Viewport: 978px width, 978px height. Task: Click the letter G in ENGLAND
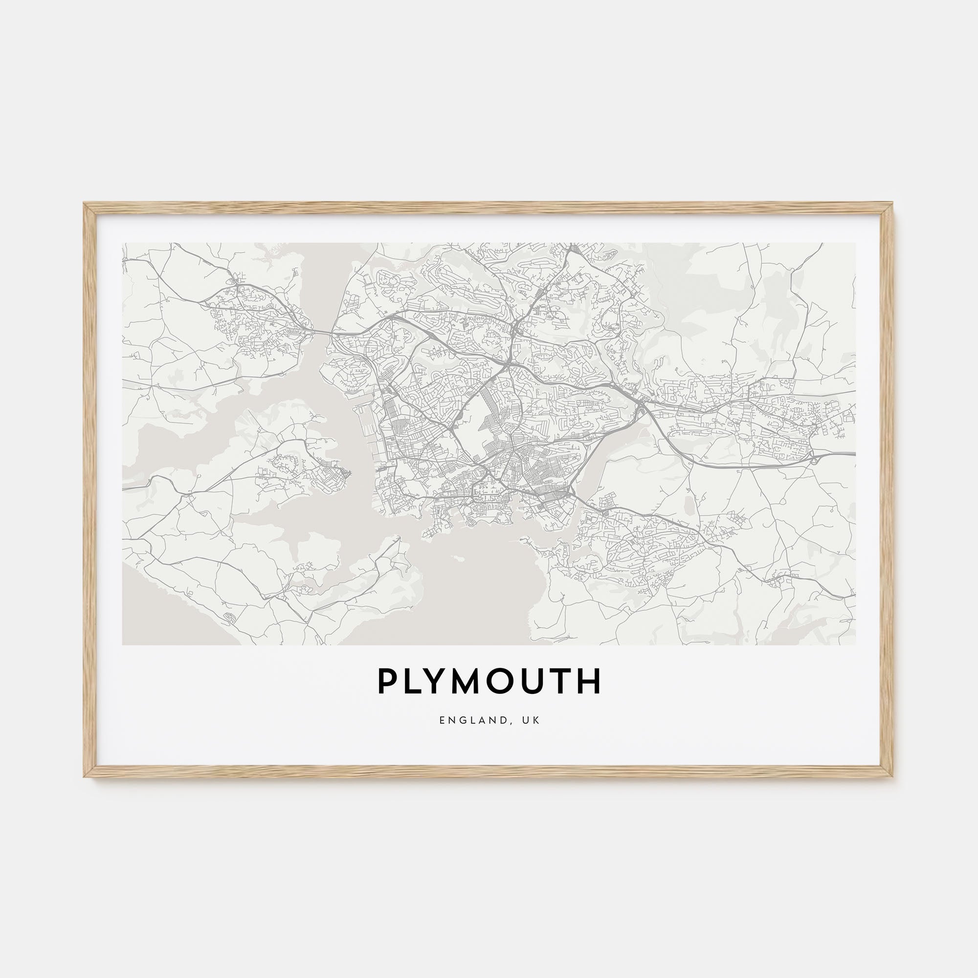pyautogui.click(x=460, y=720)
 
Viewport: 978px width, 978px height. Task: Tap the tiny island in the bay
pyautogui.click(x=460, y=559)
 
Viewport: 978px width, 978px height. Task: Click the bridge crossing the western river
pyautogui.click(x=319, y=333)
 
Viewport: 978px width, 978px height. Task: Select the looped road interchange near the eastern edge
pyautogui.click(x=814, y=458)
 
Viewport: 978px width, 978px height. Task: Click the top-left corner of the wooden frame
pyautogui.click(x=85, y=204)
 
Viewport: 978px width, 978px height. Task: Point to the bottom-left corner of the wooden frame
pyautogui.click(x=85, y=777)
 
